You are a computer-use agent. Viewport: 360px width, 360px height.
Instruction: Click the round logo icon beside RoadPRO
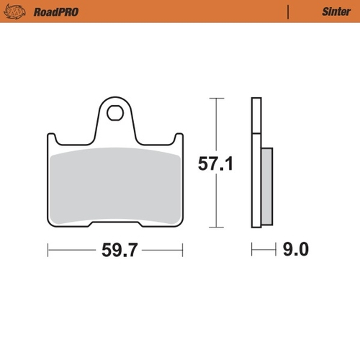tap(18, 12)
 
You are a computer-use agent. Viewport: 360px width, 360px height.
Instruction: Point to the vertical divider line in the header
tap(288, 12)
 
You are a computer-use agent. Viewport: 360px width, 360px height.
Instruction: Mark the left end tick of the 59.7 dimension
tap(48, 250)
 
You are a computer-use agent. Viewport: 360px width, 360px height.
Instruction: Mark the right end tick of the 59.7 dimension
tap(182, 250)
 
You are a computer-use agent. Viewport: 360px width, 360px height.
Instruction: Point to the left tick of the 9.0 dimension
tap(252, 250)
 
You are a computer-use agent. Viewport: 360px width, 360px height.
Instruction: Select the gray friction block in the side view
tap(266, 184)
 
